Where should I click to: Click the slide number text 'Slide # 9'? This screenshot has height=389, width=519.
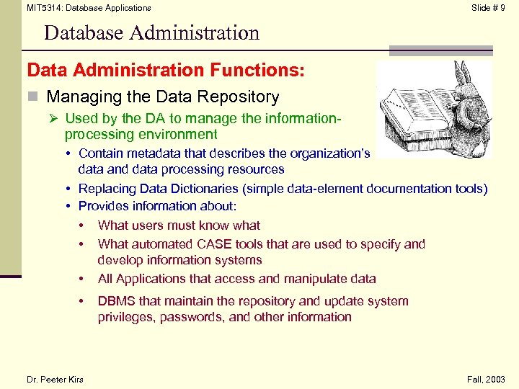pyautogui.click(x=488, y=8)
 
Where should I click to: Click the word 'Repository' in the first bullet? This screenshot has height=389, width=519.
pyautogui.click(x=241, y=97)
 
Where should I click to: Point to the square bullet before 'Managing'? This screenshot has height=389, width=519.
pyautogui.click(x=32, y=97)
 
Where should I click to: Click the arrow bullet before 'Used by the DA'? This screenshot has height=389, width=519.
pyautogui.click(x=56, y=119)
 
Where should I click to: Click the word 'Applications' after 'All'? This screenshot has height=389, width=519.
pyautogui.click(x=152, y=279)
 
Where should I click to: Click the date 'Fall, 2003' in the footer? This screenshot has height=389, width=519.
pyautogui.click(x=487, y=380)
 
